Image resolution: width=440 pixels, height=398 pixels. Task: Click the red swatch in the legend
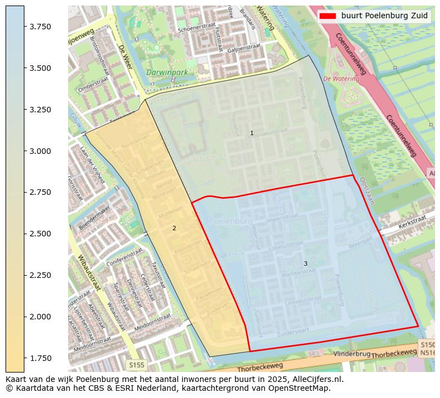(x=328, y=16)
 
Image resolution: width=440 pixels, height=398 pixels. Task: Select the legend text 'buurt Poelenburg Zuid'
(x=385, y=16)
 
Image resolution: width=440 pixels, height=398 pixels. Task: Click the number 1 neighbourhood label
(x=252, y=133)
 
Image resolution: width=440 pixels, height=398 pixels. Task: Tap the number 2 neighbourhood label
(x=174, y=228)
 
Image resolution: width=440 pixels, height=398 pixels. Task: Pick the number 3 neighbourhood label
(x=305, y=263)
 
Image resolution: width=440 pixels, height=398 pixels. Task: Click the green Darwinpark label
(x=167, y=73)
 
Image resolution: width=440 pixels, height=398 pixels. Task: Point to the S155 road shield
(x=137, y=365)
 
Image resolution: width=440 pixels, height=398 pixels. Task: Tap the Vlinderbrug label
(x=352, y=354)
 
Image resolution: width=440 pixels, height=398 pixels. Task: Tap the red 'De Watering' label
(x=341, y=79)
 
